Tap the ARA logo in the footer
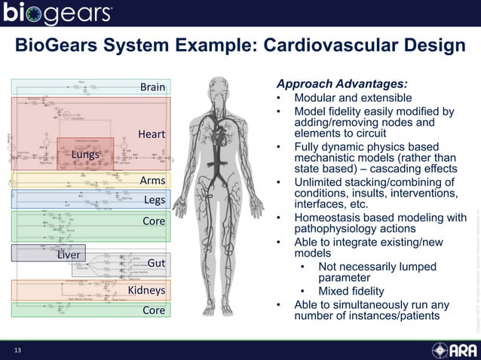point(454,351)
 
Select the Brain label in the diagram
point(152,87)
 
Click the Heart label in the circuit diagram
point(151,135)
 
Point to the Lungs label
point(86,154)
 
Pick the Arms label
point(152,181)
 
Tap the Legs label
point(154,200)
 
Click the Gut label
point(156,263)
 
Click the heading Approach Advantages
point(342,84)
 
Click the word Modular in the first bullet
point(316,98)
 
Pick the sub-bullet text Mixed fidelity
point(351,291)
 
